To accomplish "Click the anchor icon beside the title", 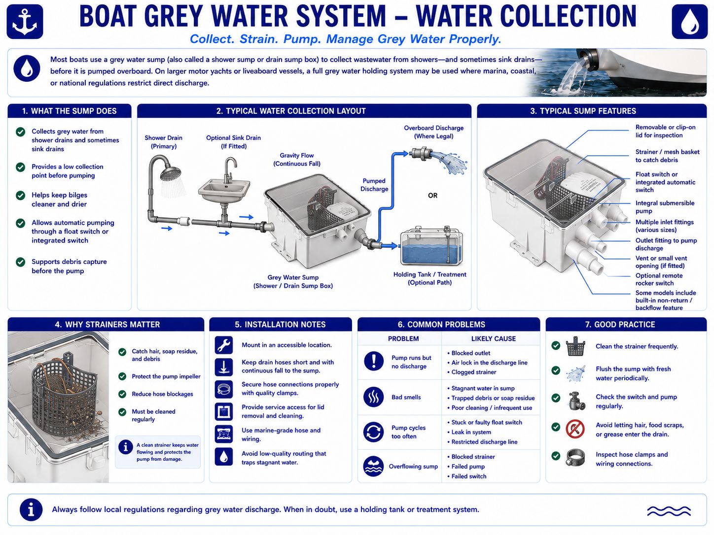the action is coord(25,22).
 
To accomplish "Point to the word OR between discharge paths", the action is coord(432,196).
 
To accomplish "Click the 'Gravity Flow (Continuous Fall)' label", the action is coord(297,160).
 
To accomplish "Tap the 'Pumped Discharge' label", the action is coord(374,185).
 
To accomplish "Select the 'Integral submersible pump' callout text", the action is coord(665,207).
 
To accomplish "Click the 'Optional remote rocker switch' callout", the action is coord(659,279).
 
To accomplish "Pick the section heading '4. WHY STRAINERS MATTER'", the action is coord(107,325).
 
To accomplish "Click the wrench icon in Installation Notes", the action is coord(224,345).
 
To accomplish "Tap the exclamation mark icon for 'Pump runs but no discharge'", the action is coord(374,361).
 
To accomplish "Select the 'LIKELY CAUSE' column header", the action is coord(494,339).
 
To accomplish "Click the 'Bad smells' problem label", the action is coord(406,397).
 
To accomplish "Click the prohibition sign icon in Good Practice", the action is coord(575,429).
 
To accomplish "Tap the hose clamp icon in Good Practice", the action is coord(575,458).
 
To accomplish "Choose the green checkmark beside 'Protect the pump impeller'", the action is coord(122,376).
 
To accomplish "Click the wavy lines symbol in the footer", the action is coord(669,511).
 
